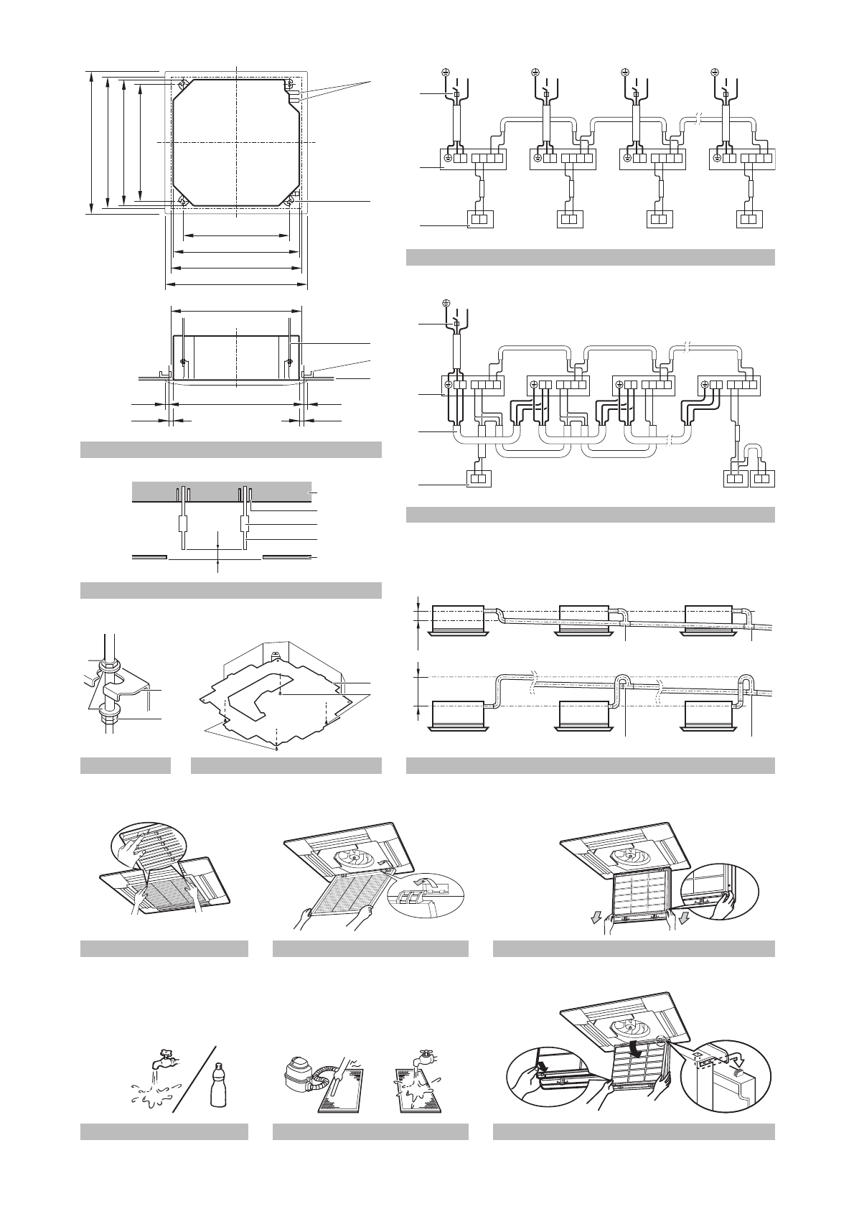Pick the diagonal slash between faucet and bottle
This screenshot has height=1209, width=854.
point(194,1077)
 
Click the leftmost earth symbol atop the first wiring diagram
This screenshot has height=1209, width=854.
point(445,73)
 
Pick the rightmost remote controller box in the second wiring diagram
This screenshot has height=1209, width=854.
point(761,478)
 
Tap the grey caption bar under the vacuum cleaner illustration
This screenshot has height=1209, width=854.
point(370,1131)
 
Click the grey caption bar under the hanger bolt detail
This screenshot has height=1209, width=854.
point(125,765)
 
